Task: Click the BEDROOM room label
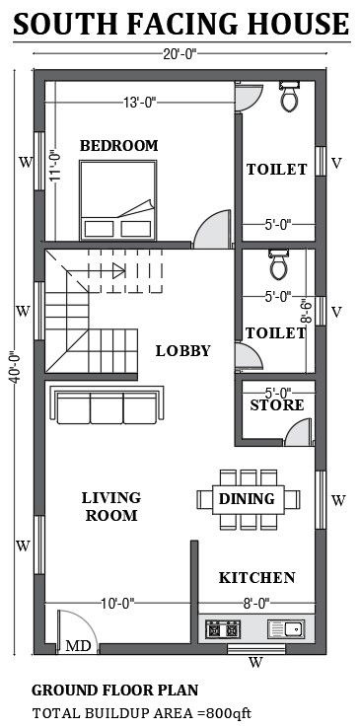(118, 146)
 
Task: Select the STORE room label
(276, 405)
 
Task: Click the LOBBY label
(182, 350)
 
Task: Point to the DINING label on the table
(247, 499)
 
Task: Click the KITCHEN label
(256, 577)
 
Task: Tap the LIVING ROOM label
(110, 506)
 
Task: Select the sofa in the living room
(104, 407)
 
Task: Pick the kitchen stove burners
(222, 627)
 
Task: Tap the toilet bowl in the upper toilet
(290, 98)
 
